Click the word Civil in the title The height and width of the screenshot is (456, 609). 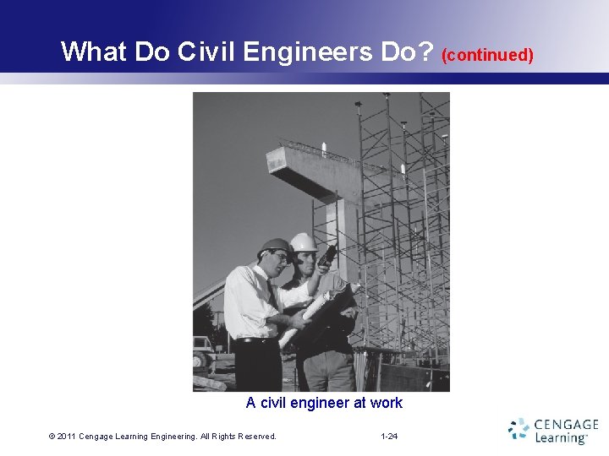click(206, 52)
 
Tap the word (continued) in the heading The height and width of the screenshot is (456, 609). click(488, 55)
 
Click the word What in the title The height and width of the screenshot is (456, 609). click(94, 52)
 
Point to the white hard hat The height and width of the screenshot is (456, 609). click(303, 242)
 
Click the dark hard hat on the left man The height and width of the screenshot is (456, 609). click(274, 245)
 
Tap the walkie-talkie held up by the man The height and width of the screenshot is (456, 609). click(327, 253)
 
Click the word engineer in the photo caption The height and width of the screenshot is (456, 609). click(316, 403)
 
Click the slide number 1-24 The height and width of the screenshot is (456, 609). click(389, 437)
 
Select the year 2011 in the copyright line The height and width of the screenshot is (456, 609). click(67, 437)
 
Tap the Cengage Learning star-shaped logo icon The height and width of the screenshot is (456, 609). click(518, 428)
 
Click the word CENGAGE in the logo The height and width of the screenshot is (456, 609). click(568, 424)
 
